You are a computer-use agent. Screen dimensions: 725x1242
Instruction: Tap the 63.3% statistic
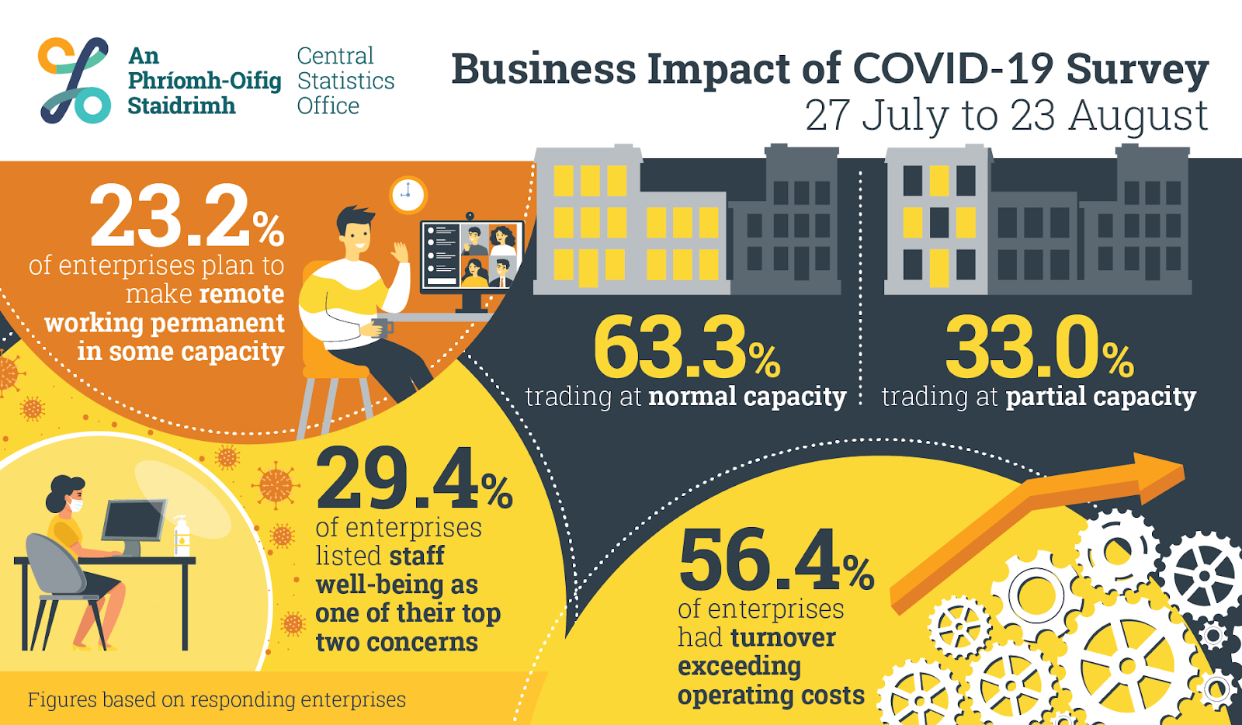[x=686, y=347]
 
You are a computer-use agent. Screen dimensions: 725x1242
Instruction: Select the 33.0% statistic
[x=1039, y=347]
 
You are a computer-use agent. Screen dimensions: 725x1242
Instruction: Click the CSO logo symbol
[x=75, y=80]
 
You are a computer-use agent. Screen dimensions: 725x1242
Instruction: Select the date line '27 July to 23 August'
[x=1006, y=116]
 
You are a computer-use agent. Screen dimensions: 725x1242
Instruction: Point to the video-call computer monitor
[x=472, y=255]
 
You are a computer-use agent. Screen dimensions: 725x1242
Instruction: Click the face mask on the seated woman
[x=75, y=505]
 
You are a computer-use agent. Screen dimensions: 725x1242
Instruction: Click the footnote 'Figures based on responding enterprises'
[x=217, y=699]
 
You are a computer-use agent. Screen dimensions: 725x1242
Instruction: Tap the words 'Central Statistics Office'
[x=345, y=81]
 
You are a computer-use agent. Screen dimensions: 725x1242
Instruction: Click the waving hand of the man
[x=401, y=252]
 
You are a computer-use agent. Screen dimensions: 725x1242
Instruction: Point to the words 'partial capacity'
[x=1101, y=397]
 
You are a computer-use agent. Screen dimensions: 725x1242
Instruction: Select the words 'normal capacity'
[x=747, y=397]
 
